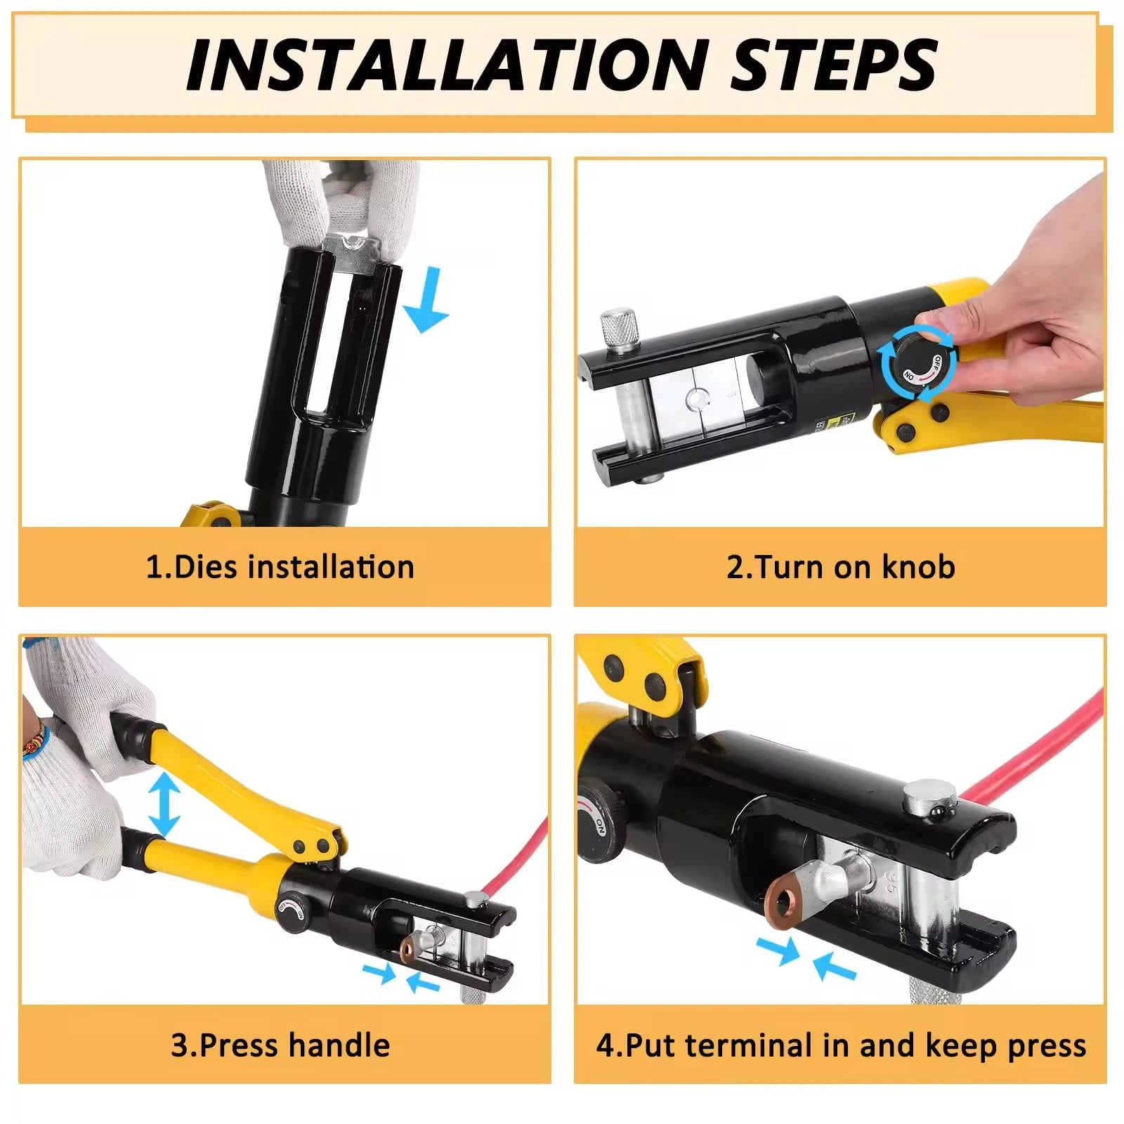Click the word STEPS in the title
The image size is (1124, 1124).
(x=833, y=65)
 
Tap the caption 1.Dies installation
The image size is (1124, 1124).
(x=280, y=567)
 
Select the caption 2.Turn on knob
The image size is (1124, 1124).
(x=841, y=567)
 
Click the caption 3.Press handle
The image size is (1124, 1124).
(x=280, y=1045)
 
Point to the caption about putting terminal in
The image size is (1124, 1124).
(x=841, y=1045)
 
